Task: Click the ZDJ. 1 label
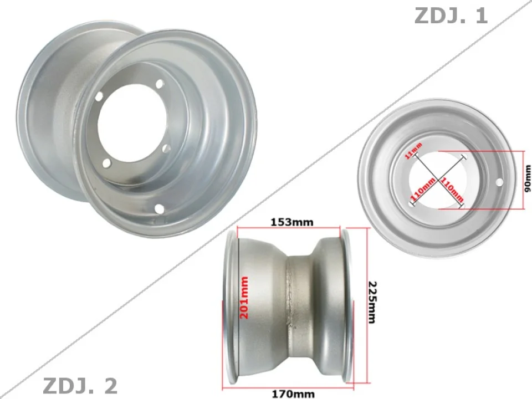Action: click(x=451, y=16)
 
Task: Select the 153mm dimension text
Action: click(x=292, y=222)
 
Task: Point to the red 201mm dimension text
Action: click(x=244, y=298)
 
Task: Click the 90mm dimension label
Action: click(x=527, y=180)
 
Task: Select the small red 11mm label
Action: click(x=414, y=150)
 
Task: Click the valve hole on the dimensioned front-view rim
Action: click(x=499, y=181)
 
